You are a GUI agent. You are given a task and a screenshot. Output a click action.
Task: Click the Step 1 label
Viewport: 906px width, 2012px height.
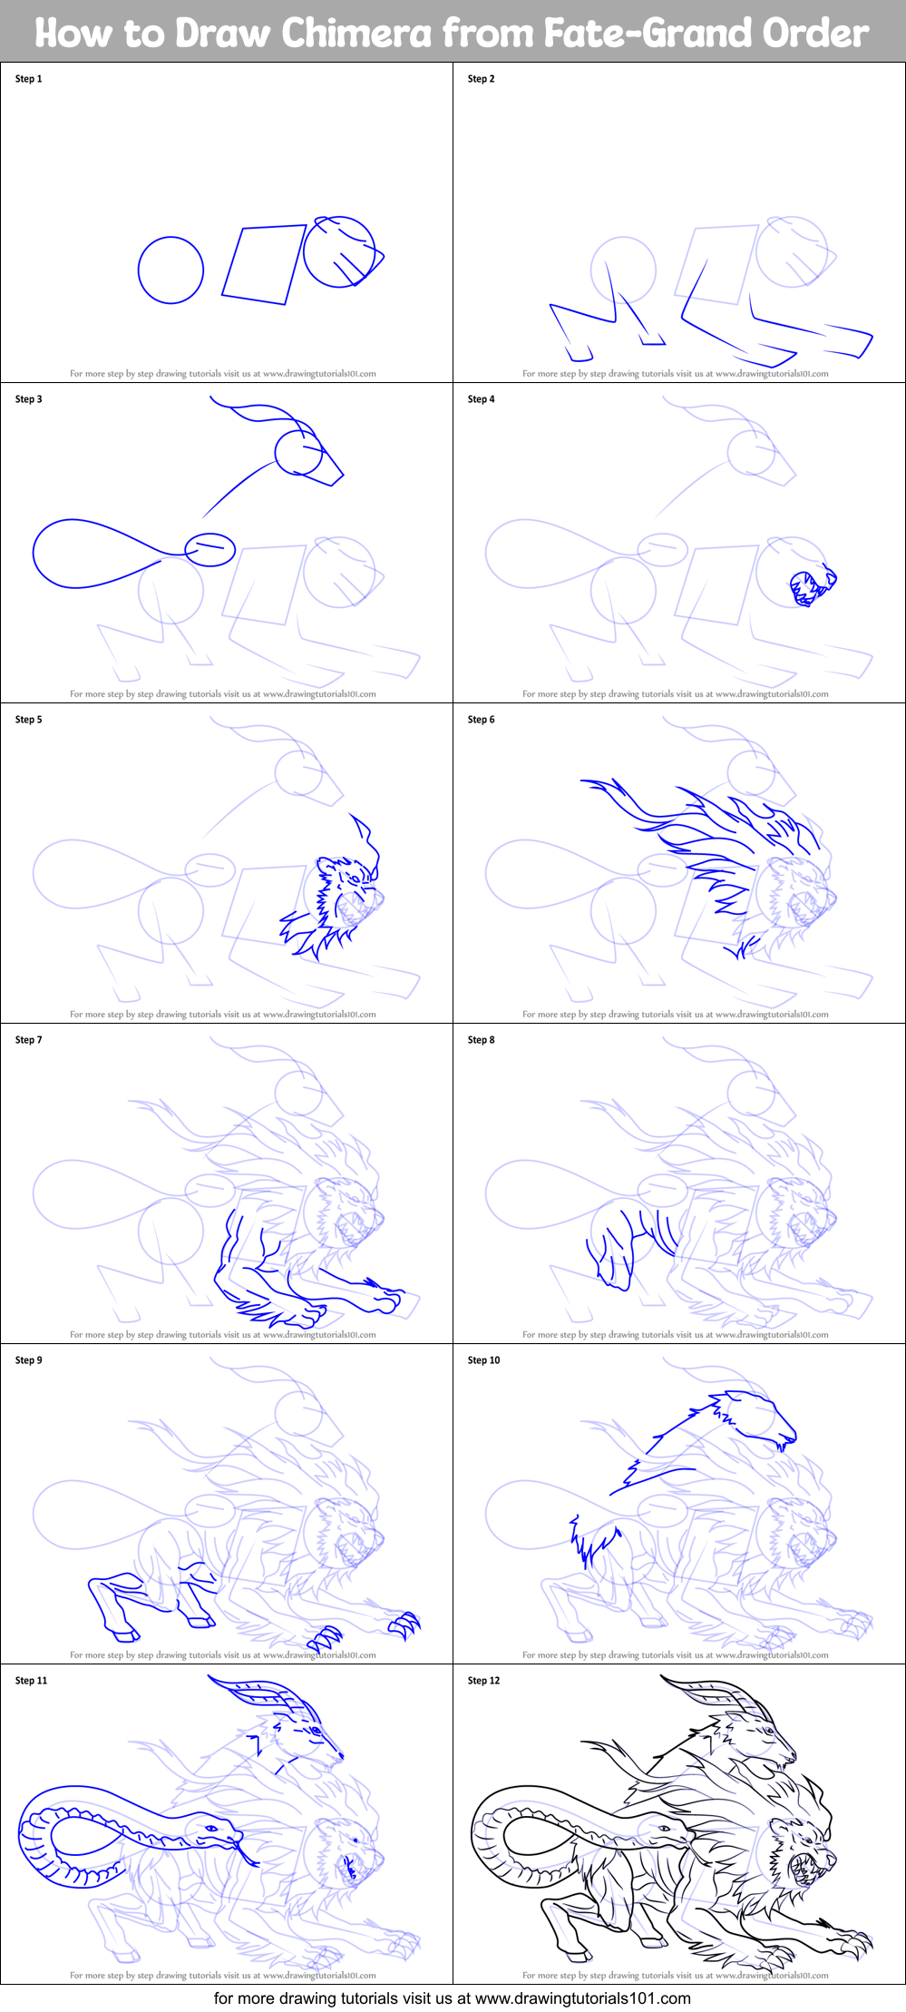pyautogui.click(x=28, y=79)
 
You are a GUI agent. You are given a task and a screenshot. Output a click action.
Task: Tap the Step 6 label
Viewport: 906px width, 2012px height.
pyautogui.click(x=481, y=720)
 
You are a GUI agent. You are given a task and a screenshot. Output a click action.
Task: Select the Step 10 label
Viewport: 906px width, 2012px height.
pyautogui.click(x=483, y=1360)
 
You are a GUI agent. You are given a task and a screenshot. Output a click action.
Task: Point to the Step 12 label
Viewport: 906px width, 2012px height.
pyautogui.click(x=483, y=1681)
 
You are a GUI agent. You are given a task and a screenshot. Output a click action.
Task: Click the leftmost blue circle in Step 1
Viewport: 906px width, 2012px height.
pyautogui.click(x=170, y=270)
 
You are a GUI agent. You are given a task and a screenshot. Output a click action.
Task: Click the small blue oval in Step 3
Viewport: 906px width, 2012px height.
pyautogui.click(x=210, y=549)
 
